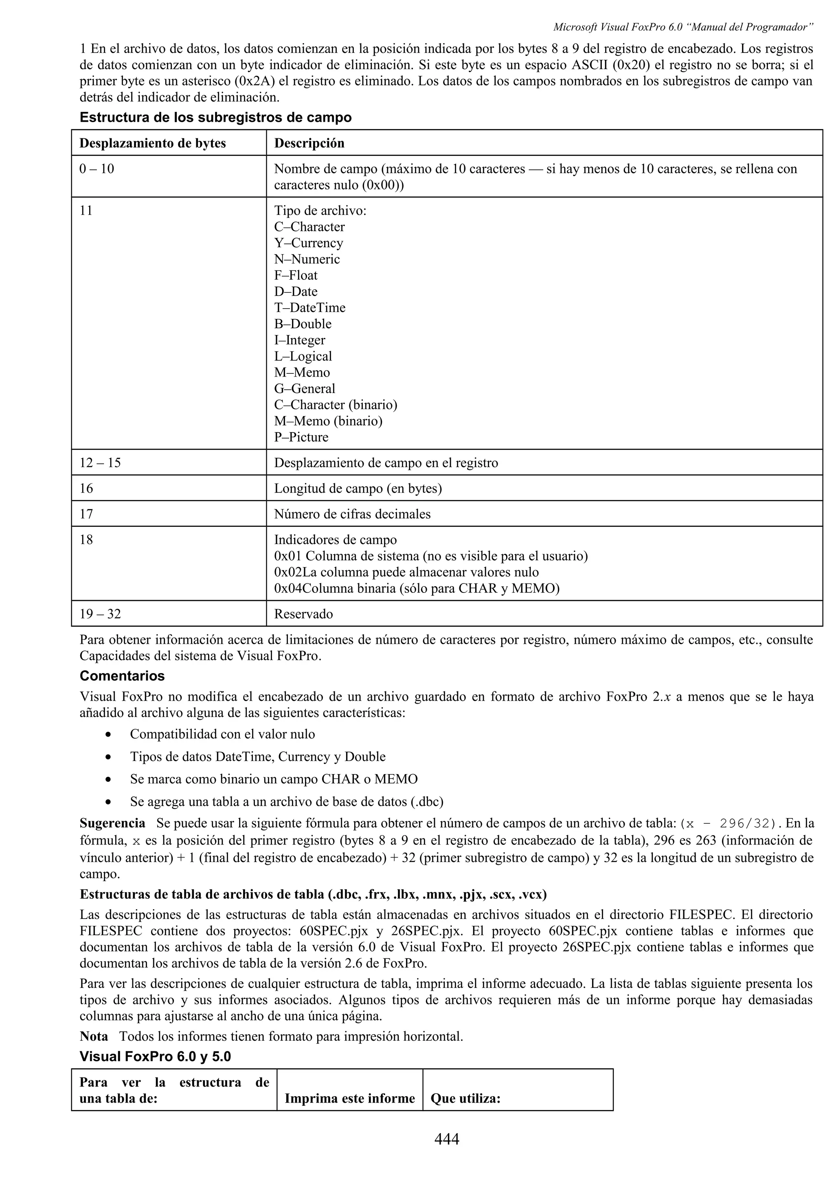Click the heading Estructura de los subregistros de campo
(215, 117)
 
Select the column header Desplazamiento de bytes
(153, 143)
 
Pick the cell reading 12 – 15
(100, 463)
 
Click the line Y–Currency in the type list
(308, 243)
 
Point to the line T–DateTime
(309, 307)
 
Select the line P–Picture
(301, 437)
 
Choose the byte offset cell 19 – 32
(100, 614)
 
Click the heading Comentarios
(122, 676)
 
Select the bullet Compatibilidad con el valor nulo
(222, 734)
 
